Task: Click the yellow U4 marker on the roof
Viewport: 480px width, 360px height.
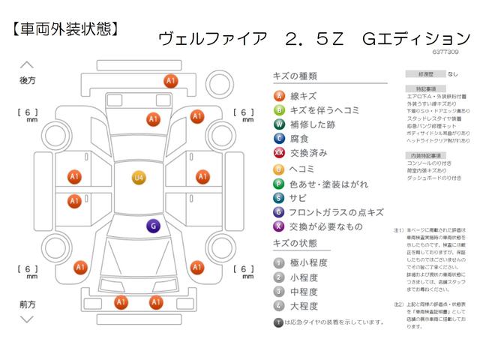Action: tap(139, 178)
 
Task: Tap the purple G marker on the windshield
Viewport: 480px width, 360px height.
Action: tap(152, 226)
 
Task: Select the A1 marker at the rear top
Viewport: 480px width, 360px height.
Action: tap(170, 80)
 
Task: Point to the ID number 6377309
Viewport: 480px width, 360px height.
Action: tap(447, 52)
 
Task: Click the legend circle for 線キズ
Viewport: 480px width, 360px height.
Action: tap(279, 95)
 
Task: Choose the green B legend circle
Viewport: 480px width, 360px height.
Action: tap(279, 109)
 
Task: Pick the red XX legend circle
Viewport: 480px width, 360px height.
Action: tap(279, 153)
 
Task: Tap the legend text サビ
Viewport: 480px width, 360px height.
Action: tap(298, 198)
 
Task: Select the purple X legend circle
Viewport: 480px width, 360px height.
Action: tap(279, 226)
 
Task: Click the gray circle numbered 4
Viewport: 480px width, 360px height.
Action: tap(279, 306)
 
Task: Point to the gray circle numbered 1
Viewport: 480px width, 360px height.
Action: tap(279, 262)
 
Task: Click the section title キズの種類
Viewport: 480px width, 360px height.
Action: tap(296, 76)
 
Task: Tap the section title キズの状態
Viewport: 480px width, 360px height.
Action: tap(296, 244)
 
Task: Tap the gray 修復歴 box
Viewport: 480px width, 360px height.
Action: tap(420, 75)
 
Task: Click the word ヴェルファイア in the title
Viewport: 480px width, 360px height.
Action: tap(214, 38)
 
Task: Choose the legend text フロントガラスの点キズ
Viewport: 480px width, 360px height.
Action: tap(337, 212)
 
